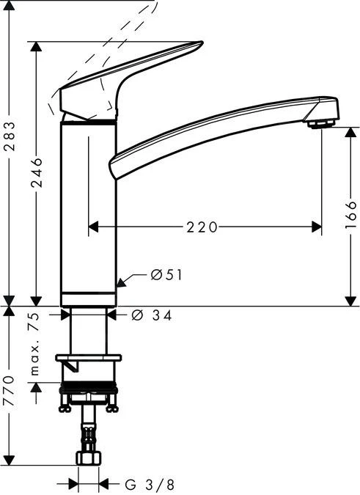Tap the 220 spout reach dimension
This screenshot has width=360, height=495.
pos(202,228)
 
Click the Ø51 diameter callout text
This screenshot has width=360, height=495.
pos(166,275)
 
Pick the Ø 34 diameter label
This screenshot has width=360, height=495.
pos(153,315)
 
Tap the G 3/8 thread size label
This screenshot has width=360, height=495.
pos(149,485)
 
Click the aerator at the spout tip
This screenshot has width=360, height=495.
pos(320,124)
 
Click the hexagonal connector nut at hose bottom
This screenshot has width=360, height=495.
pos(88,458)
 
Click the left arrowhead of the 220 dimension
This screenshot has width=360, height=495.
pos(93,228)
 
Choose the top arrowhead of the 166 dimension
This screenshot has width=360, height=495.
pos(350,133)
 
